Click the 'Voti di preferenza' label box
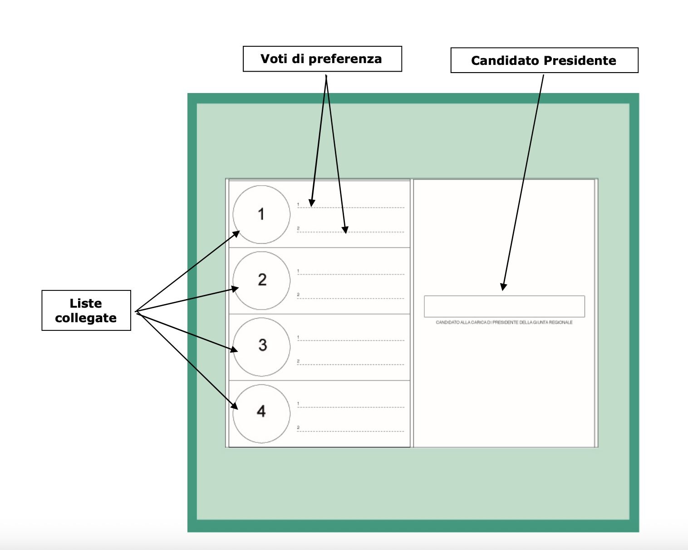[x=322, y=59]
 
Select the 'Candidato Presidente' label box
[x=544, y=60]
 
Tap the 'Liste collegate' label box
[x=86, y=310]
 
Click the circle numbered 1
[x=261, y=214]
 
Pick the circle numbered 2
[x=261, y=280]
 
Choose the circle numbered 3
[x=261, y=346]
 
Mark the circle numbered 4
[x=261, y=413]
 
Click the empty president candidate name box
[x=504, y=306]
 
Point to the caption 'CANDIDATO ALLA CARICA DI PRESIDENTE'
[x=504, y=322]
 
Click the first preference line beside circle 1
[x=350, y=207]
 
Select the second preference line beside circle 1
[x=350, y=231]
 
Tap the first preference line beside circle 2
[x=350, y=274]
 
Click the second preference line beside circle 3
[x=350, y=364]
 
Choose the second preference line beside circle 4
[x=350, y=431]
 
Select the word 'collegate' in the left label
[x=86, y=318]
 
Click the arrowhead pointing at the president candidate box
[x=503, y=287]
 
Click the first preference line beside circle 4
[x=350, y=407]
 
